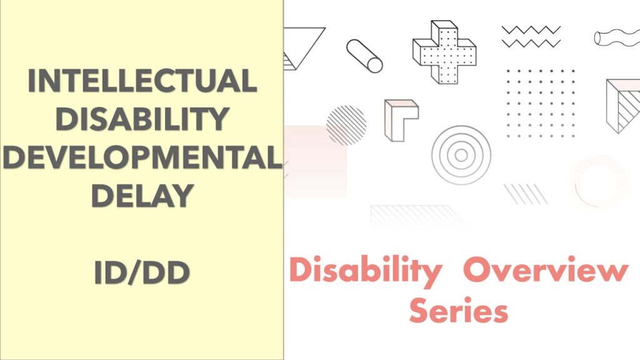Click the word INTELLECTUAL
coord(142,81)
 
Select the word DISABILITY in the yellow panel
coord(142,119)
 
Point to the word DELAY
coord(142,196)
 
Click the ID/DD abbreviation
coord(142,273)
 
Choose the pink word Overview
coord(546,271)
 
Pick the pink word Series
coord(459,311)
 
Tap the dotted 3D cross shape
coord(444,51)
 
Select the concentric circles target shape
coord(461,155)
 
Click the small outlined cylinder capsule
coord(365,56)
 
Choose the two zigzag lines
coord(529,36)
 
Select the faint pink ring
coord(599,181)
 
